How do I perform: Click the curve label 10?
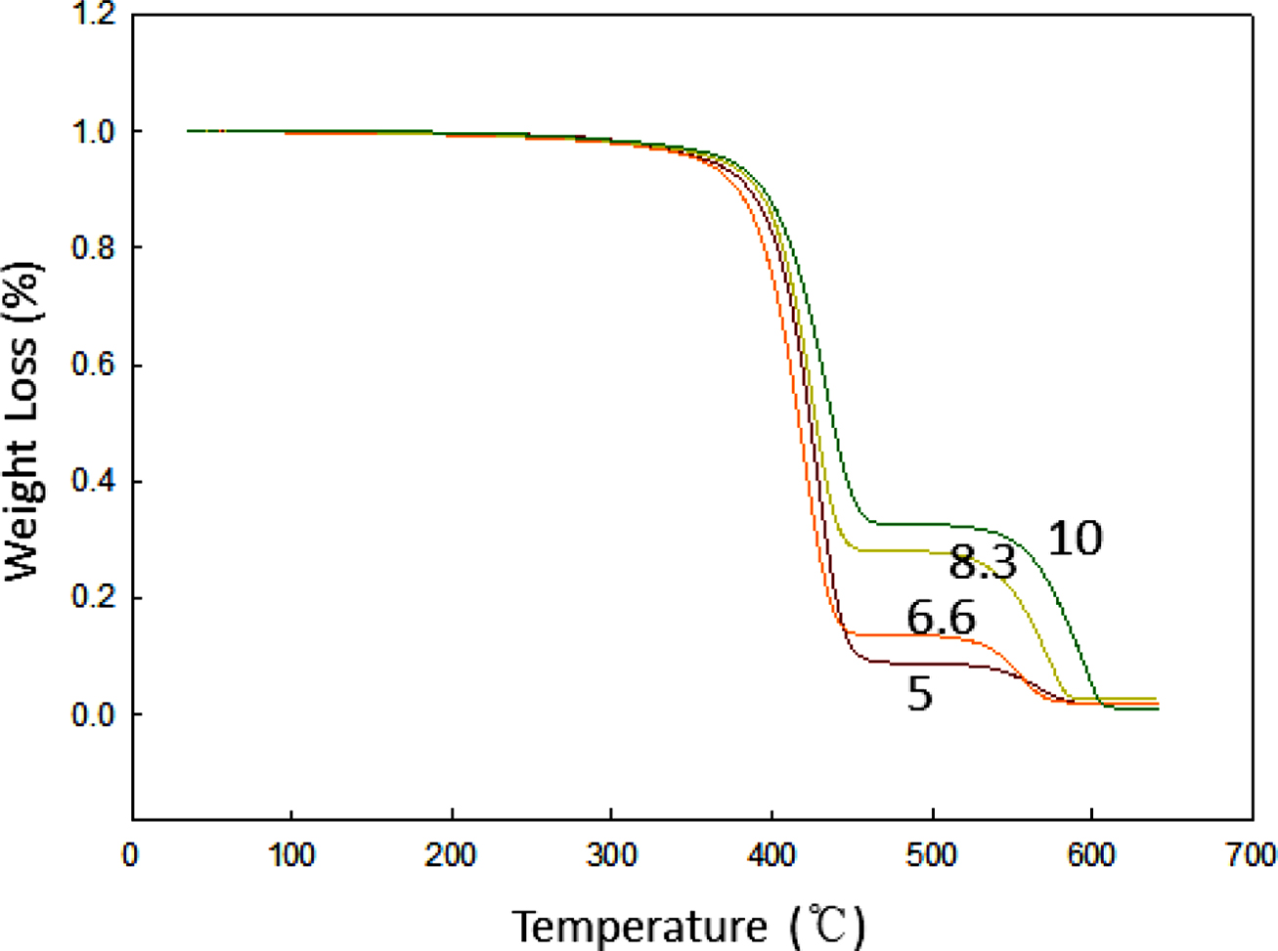pyautogui.click(x=1075, y=539)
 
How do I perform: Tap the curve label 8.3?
pyautogui.click(x=983, y=563)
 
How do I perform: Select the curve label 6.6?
pyautogui.click(x=941, y=618)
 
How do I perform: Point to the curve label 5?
pyautogui.click(x=919, y=694)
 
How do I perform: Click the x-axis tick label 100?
pyautogui.click(x=291, y=855)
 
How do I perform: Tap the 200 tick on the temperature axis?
pyautogui.click(x=452, y=855)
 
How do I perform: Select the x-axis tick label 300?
pyautogui.click(x=611, y=855)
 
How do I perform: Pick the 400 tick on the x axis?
pyautogui.click(x=771, y=855)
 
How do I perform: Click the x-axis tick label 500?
pyautogui.click(x=932, y=855)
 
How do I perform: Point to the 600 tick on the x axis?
pyautogui.click(x=1092, y=855)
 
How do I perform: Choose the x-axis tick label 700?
pyautogui.click(x=1252, y=855)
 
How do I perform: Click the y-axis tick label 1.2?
pyautogui.click(x=94, y=16)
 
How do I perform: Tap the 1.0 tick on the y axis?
pyautogui.click(x=94, y=131)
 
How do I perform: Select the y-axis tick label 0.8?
pyautogui.click(x=94, y=248)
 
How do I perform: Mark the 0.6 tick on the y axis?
pyautogui.click(x=94, y=365)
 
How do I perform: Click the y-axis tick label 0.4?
pyautogui.click(x=94, y=482)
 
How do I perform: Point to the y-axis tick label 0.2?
pyautogui.click(x=94, y=598)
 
